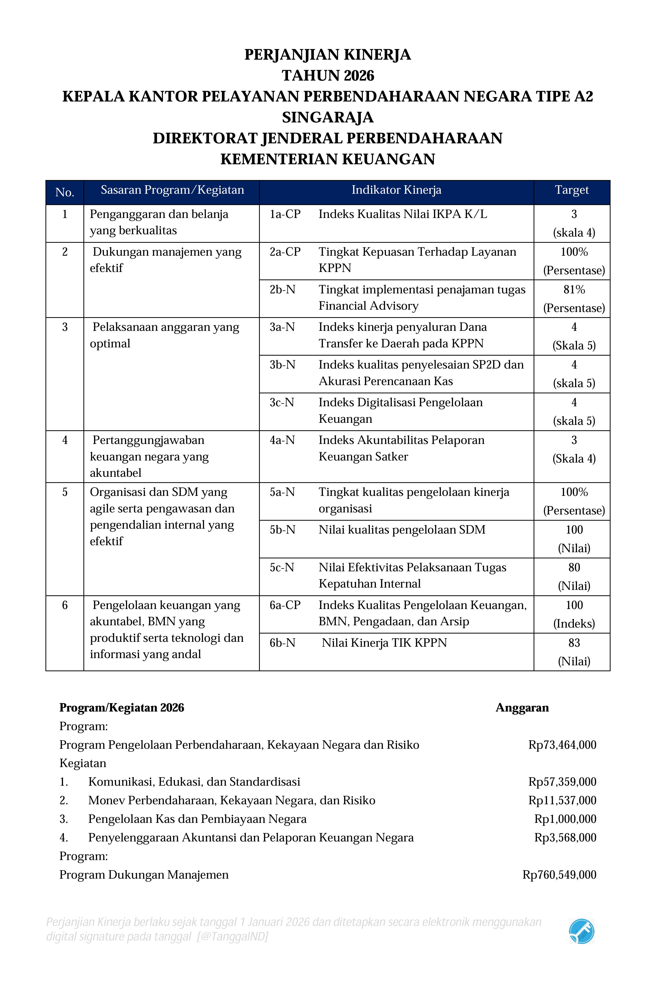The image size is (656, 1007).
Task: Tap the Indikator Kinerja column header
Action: tap(396, 190)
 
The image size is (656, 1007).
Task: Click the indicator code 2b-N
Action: tap(282, 290)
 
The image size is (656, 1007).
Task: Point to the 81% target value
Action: tap(574, 290)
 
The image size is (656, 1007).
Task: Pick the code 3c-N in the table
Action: tap(282, 402)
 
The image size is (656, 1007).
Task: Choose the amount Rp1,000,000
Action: tap(565, 819)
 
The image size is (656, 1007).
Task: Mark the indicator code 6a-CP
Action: tap(285, 605)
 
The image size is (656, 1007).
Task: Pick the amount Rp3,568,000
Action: tap(565, 837)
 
